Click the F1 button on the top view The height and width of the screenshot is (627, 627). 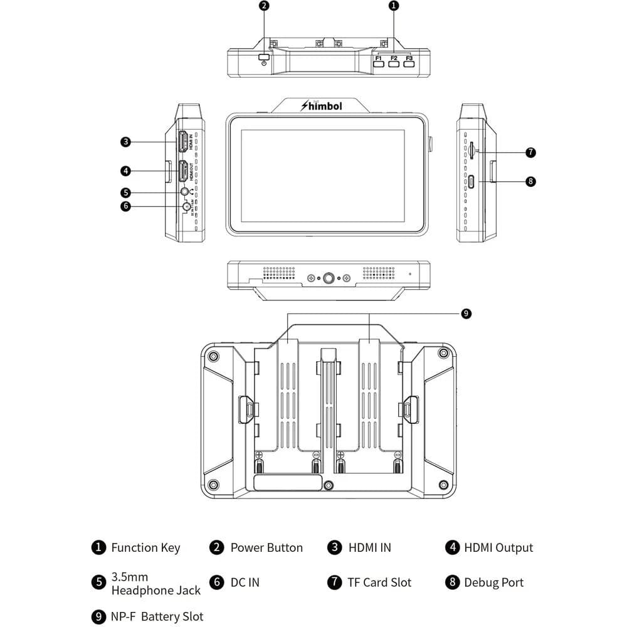pos(379,65)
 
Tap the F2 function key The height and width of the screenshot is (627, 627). pos(394,65)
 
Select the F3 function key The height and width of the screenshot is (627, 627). pos(409,65)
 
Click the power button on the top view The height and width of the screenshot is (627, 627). pos(264,58)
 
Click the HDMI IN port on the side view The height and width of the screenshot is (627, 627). pos(183,142)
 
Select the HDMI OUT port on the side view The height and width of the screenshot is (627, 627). pos(183,171)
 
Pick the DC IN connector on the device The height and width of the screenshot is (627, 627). pos(186,206)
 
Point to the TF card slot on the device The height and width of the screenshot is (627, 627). pos(471,149)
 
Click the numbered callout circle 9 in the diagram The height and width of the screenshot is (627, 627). pos(466,313)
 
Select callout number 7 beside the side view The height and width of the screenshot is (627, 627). pos(530,152)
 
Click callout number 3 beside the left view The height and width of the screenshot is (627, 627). pos(125,142)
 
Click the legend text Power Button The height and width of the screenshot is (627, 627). pos(266,547)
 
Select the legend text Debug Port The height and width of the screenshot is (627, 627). pos(493,582)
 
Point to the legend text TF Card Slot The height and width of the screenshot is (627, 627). pos(379,582)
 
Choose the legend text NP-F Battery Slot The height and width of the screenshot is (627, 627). pos(157,617)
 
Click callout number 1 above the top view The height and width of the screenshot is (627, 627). pos(394,6)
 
